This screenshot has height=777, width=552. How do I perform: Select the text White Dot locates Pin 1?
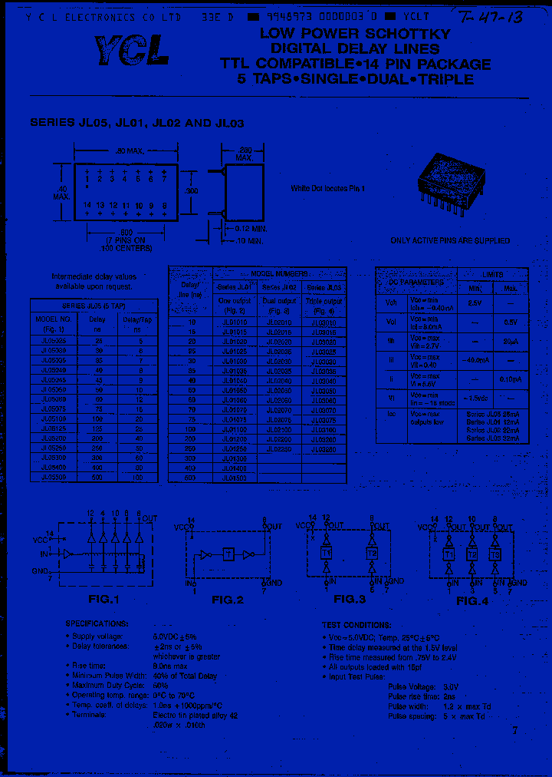pos(328,189)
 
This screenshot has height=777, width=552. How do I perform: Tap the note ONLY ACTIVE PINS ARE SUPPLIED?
pos(450,240)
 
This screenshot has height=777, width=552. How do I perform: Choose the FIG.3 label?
pos(348,599)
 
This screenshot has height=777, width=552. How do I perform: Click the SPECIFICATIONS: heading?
pos(96,624)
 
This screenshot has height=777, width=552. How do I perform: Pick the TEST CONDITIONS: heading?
pos(355,625)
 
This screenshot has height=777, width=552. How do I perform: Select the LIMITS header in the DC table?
pos(492,274)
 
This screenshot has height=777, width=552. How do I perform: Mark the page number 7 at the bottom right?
pos(514,730)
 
